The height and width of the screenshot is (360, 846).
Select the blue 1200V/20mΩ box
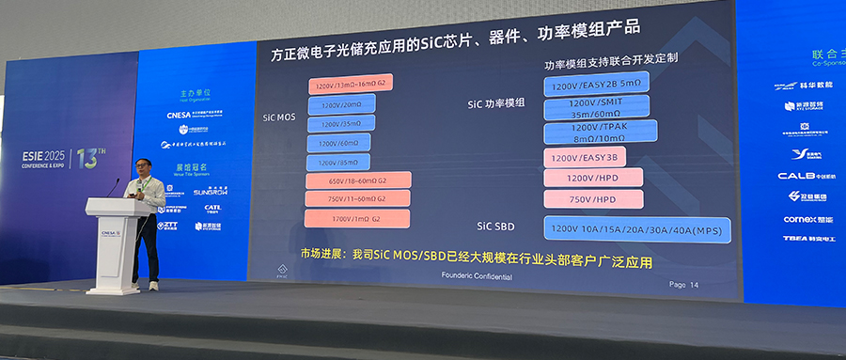(x=340, y=104)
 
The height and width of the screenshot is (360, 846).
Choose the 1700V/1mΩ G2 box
(x=345, y=218)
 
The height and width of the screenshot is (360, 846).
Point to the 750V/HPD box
(x=592, y=199)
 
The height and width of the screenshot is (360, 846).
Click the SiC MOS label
(x=281, y=118)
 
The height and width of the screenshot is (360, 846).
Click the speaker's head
(x=142, y=167)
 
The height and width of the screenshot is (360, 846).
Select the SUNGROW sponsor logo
(x=210, y=192)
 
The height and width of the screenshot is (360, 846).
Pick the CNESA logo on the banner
(x=179, y=116)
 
